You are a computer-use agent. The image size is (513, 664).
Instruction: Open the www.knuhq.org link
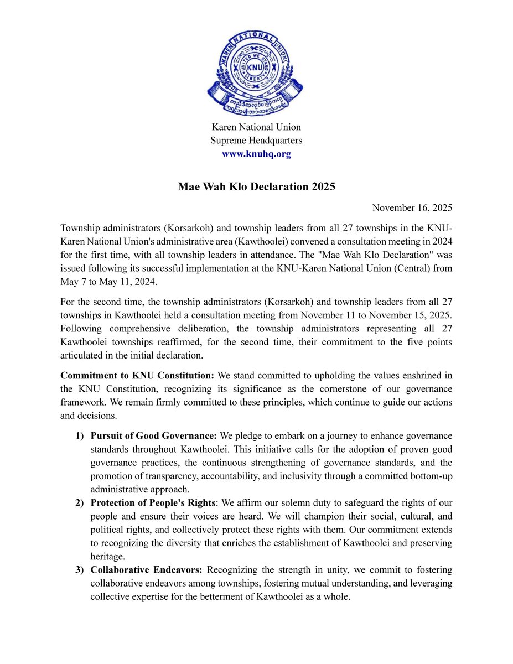click(256, 154)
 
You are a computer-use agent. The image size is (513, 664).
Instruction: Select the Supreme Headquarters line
click(256, 141)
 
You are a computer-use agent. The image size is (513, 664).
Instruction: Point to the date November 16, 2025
click(412, 208)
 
